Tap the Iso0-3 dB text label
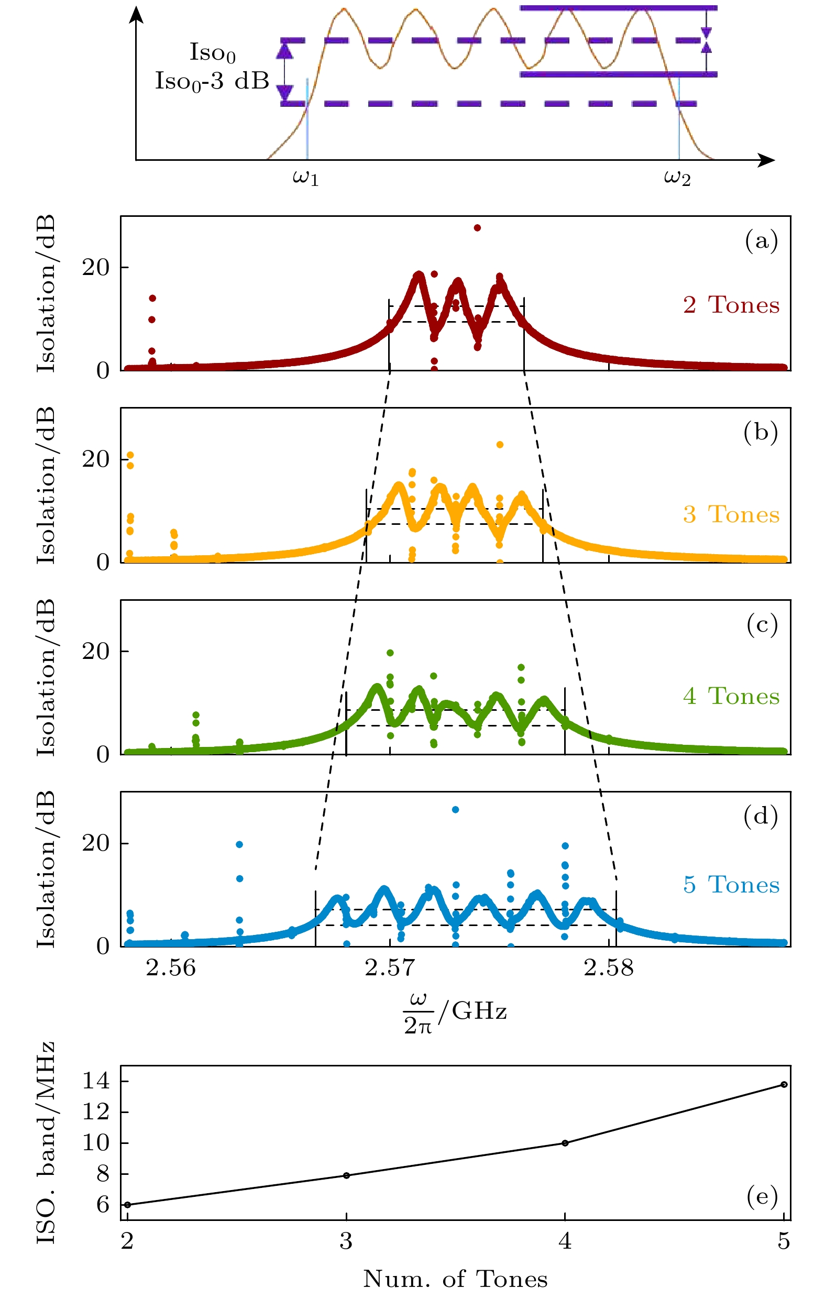point(212,81)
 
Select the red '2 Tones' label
point(731,305)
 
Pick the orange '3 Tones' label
point(731,515)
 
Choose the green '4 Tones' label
point(731,697)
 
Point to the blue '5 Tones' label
point(731,885)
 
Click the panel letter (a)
point(761,240)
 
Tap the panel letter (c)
point(761,625)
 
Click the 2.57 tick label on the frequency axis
point(390,968)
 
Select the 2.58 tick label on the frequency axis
point(609,968)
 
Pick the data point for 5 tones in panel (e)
point(784,1084)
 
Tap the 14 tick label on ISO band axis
point(95,1081)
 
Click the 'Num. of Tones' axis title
point(455,1279)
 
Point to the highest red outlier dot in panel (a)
point(478,228)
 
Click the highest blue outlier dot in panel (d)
point(455,810)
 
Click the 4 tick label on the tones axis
point(565,1242)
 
